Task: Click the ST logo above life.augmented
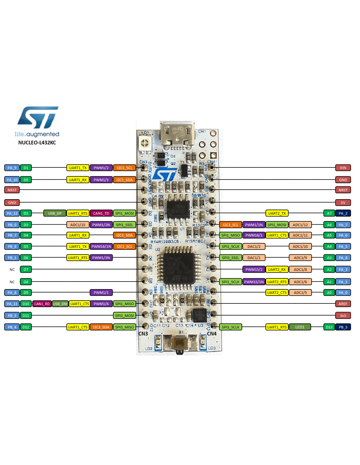pyautogui.click(x=38, y=117)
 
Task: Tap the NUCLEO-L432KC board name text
pyautogui.click(x=37, y=143)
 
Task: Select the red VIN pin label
pyautogui.click(x=343, y=168)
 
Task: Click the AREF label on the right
pyautogui.click(x=343, y=304)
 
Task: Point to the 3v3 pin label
pyautogui.click(x=343, y=316)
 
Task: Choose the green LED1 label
pyautogui.click(x=300, y=327)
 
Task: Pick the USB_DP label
pyautogui.click(x=55, y=213)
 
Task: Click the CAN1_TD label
pyautogui.click(x=101, y=213)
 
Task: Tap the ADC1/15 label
pyautogui.click(x=78, y=225)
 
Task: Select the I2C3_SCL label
pyautogui.click(x=231, y=225)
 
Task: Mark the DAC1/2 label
pyautogui.click(x=254, y=246)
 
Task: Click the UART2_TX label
pyautogui.click(x=277, y=213)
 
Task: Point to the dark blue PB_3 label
pyautogui.click(x=343, y=327)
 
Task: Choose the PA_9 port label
pyautogui.click(x=12, y=168)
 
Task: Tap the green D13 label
pyautogui.click(x=329, y=327)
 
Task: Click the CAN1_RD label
pyautogui.click(x=42, y=304)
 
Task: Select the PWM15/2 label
pyautogui.click(x=254, y=269)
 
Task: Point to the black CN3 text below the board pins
pyautogui.click(x=143, y=334)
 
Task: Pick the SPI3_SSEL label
pyautogui.click(x=231, y=258)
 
